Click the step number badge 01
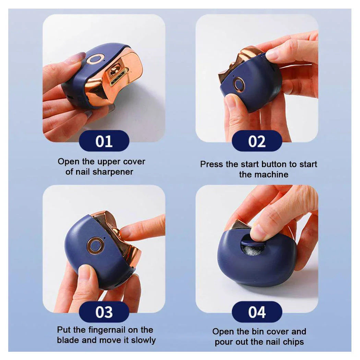click(x=104, y=141)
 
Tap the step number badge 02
click(x=257, y=141)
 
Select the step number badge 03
click(x=104, y=312)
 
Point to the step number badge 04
click(x=257, y=312)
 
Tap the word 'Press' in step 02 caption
click(x=212, y=164)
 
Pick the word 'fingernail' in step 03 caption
click(x=108, y=330)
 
